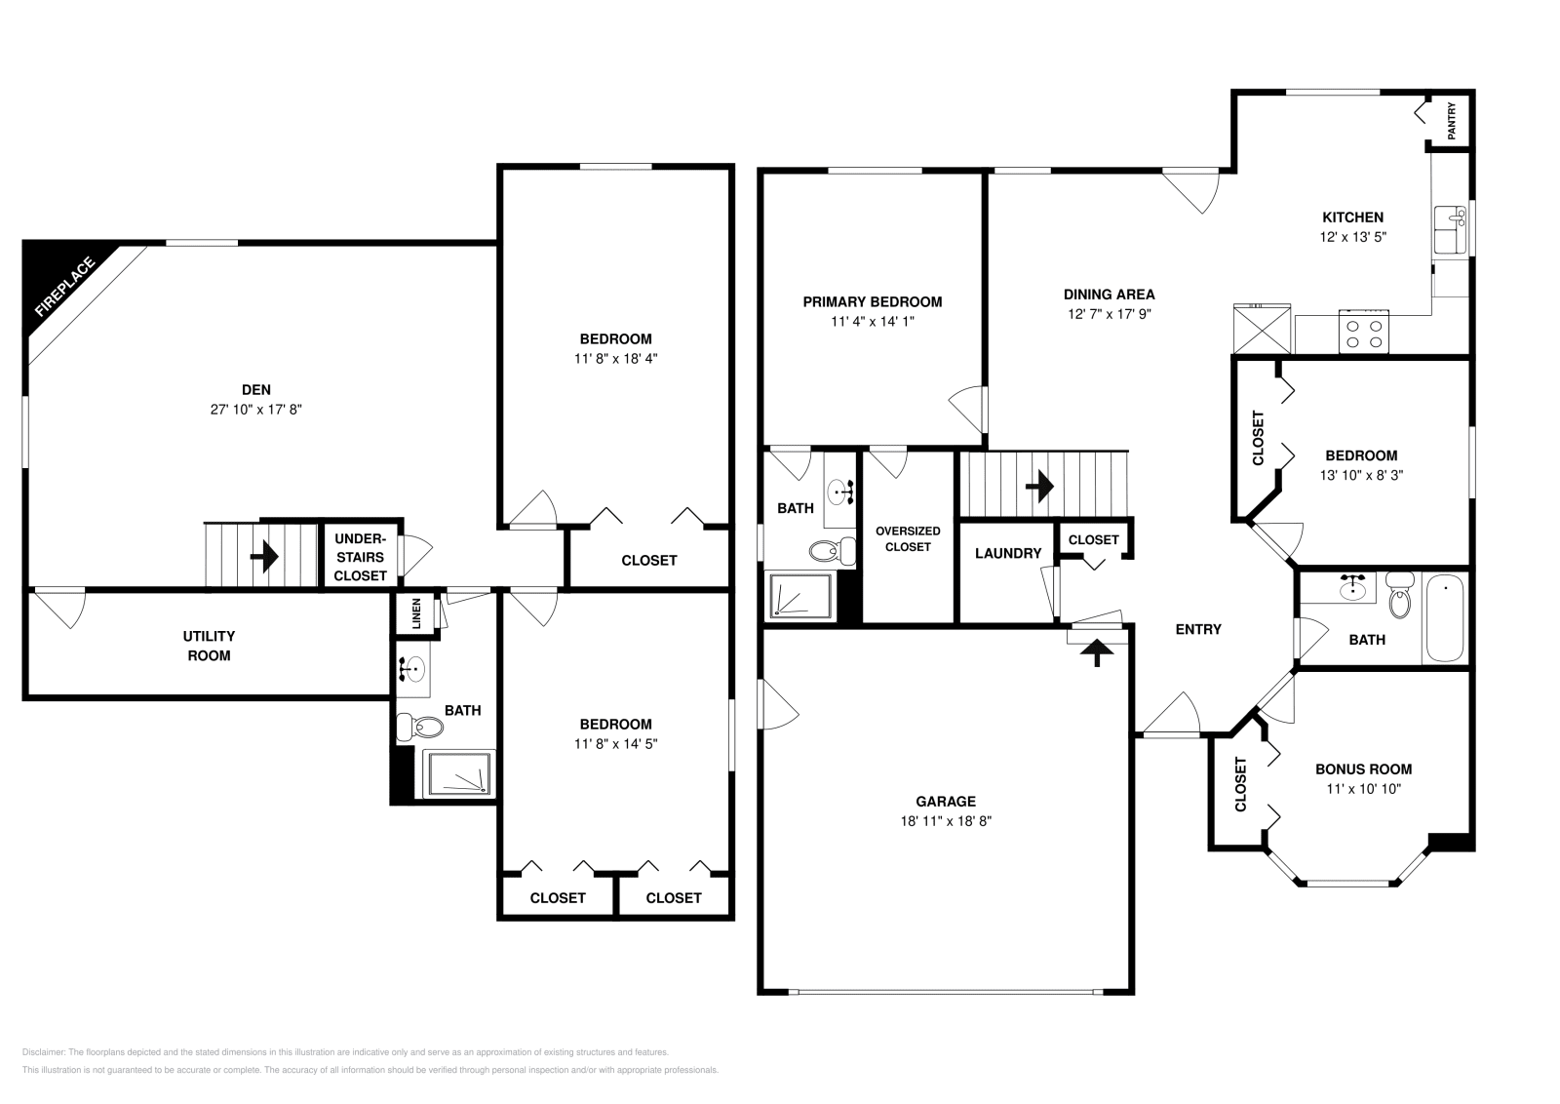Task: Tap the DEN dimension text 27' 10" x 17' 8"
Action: [x=255, y=411]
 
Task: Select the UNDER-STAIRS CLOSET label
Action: [x=360, y=557]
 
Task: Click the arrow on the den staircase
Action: [x=264, y=557]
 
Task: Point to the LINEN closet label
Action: [x=416, y=614]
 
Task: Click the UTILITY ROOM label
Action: [x=209, y=646]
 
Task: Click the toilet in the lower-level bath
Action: [x=420, y=727]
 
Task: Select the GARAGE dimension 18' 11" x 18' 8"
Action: [x=946, y=821]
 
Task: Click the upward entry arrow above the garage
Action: [x=1099, y=651]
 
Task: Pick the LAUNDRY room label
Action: [x=1008, y=553]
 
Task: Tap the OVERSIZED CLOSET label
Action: [x=908, y=538]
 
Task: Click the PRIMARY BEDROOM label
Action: [x=872, y=302]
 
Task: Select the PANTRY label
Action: [x=1452, y=121]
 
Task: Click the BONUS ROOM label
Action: [x=1363, y=769]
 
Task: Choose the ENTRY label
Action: [x=1198, y=629]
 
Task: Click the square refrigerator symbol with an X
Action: [x=1261, y=329]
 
